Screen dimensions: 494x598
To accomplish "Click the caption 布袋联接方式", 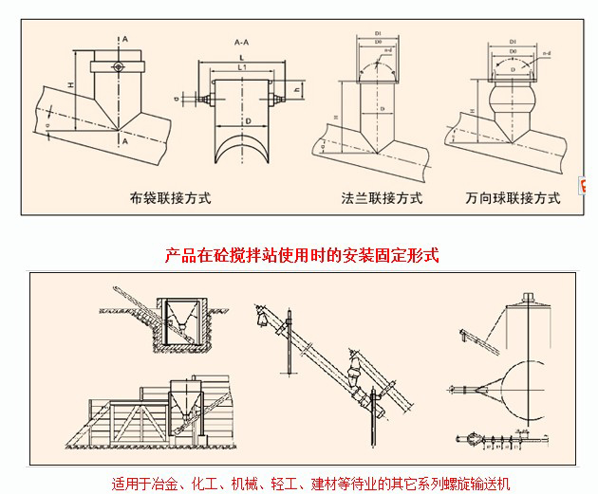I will pyautogui.click(x=170, y=199).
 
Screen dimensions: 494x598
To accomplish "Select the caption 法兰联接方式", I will pyautogui.click(x=382, y=199).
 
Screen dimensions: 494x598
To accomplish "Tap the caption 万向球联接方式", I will pyautogui.click(x=513, y=199).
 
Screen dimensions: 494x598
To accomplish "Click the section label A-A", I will pyautogui.click(x=242, y=44).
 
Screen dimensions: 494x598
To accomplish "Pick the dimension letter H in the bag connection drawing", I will pyautogui.click(x=71, y=88).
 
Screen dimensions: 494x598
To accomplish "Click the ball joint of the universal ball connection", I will pyautogui.click(x=514, y=99).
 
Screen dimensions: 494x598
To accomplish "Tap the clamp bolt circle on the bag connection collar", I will pyautogui.click(x=116, y=66).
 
